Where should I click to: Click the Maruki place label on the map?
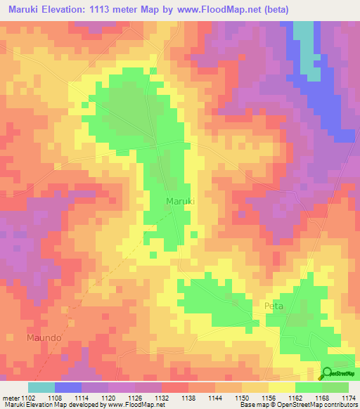click(x=180, y=202)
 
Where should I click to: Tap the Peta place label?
click(x=274, y=306)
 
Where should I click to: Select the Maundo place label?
click(x=44, y=338)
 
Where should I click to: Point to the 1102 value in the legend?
click(x=28, y=397)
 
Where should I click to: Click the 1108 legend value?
click(x=55, y=397)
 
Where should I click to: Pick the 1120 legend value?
click(x=108, y=397)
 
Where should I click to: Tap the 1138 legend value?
click(x=188, y=397)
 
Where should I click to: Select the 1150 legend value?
click(x=242, y=397)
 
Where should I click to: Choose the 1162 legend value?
click(x=295, y=397)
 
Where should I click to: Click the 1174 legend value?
click(x=348, y=397)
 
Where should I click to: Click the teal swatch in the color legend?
click(x=41, y=387)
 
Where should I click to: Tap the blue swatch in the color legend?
click(x=68, y=387)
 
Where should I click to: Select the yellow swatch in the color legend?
click(x=282, y=387)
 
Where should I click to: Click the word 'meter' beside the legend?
click(x=10, y=397)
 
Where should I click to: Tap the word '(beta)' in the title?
click(x=274, y=9)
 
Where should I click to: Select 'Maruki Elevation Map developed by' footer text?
click(x=44, y=405)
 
